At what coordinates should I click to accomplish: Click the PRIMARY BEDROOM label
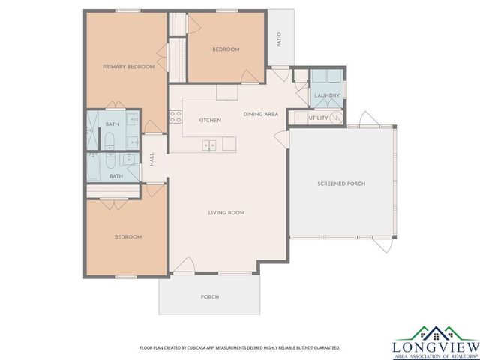click(128, 67)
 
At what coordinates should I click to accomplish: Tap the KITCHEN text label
click(209, 120)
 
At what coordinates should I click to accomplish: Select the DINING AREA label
click(261, 114)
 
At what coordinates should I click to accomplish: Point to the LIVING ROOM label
click(226, 213)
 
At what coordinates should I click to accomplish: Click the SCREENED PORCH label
click(341, 184)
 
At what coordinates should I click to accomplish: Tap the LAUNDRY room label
click(327, 95)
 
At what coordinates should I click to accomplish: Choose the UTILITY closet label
click(319, 118)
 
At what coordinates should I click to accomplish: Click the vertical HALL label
click(151, 160)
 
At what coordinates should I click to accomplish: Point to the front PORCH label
click(210, 297)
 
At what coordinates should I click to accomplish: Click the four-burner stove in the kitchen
click(176, 116)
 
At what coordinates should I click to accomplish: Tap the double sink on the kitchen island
click(209, 145)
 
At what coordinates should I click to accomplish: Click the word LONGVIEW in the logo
click(435, 346)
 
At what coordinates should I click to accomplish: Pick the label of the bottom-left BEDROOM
click(127, 237)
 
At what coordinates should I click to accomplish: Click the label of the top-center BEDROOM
click(226, 49)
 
